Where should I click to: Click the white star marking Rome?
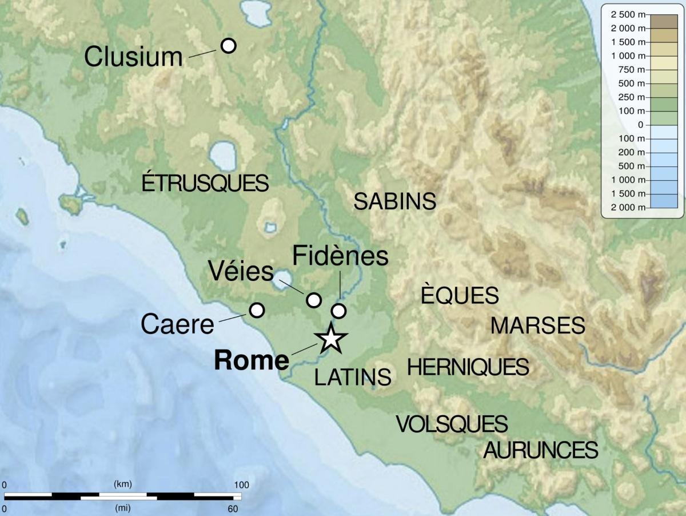330,339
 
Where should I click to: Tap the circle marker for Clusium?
228,45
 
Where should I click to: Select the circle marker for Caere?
257,309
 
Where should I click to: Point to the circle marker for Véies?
314,299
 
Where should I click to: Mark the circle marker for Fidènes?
339,311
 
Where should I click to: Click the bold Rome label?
251,360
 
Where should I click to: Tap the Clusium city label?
133,57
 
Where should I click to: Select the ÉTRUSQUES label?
205,183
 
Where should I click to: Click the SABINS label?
395,201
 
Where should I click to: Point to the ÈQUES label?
460,295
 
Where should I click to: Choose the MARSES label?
537,326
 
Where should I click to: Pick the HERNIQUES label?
468,367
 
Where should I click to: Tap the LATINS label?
353,377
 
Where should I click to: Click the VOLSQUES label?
452,424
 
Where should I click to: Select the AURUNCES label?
541,450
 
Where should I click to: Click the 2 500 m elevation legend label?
627,14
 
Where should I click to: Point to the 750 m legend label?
631,69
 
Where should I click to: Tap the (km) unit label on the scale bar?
123,484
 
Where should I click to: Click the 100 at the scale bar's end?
241,485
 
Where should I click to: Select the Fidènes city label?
340,256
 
